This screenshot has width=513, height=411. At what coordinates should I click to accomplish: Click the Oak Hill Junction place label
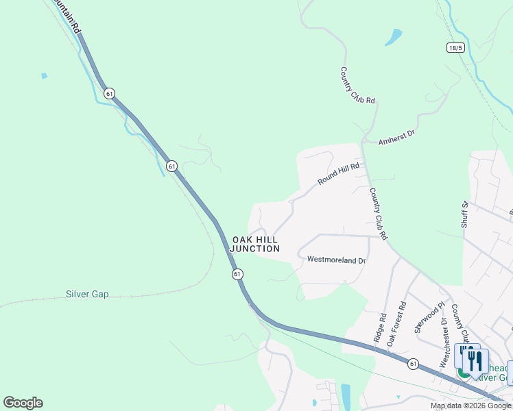(255, 245)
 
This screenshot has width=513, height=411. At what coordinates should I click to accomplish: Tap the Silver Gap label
(87, 295)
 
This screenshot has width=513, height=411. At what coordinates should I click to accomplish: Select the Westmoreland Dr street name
(336, 260)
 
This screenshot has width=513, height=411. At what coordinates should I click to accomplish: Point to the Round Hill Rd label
(338, 174)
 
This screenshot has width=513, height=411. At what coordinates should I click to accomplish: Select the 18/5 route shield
(455, 47)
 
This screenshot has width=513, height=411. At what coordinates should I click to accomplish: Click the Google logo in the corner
(23, 403)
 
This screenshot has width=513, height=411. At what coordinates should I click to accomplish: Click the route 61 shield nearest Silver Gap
(237, 274)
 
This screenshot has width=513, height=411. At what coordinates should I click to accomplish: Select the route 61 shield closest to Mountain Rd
(110, 92)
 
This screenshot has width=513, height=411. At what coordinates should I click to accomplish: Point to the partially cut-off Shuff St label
(464, 214)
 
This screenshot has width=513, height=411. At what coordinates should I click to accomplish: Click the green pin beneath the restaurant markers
(464, 373)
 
